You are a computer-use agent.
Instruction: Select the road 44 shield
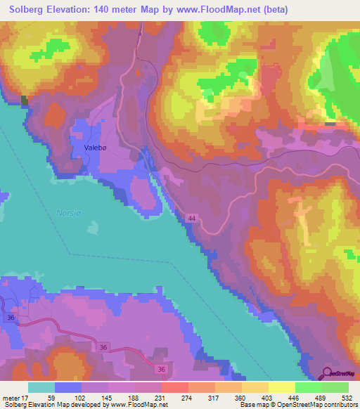coord(191,219)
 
